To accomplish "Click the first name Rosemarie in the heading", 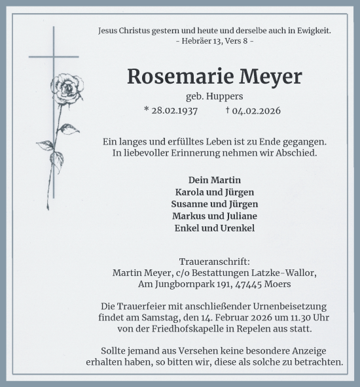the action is click(x=172, y=76).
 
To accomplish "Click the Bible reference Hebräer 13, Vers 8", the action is click(x=215, y=41).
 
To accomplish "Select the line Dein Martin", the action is click(x=215, y=180).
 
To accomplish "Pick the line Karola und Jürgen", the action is click(x=215, y=192).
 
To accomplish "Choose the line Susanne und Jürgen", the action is click(x=215, y=204).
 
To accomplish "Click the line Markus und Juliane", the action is click(x=215, y=216).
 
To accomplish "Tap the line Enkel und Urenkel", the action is click(x=215, y=228).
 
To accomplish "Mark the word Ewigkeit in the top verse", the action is click(x=311, y=30).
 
